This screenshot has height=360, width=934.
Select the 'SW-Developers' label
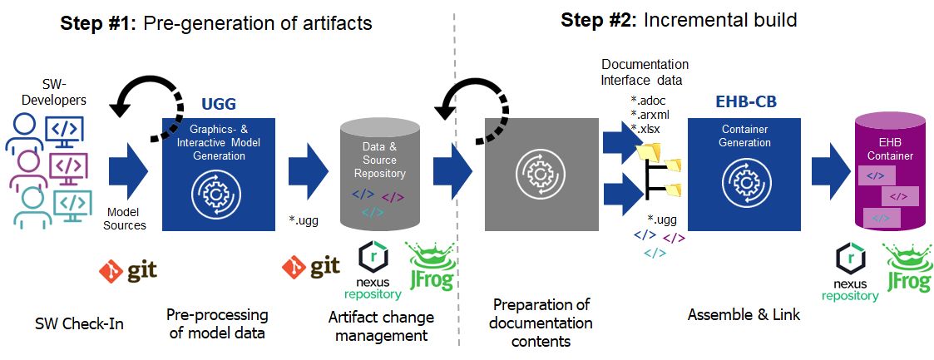[x=52, y=92]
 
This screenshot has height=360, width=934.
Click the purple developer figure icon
[x=27, y=166]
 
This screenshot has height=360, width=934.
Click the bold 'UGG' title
[x=219, y=104]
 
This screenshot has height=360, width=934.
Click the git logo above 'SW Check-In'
[x=127, y=271]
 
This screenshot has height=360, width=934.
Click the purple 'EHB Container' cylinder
[x=891, y=175]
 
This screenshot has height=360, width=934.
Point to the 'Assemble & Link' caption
[x=744, y=314]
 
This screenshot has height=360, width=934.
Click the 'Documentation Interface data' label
[x=645, y=72]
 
